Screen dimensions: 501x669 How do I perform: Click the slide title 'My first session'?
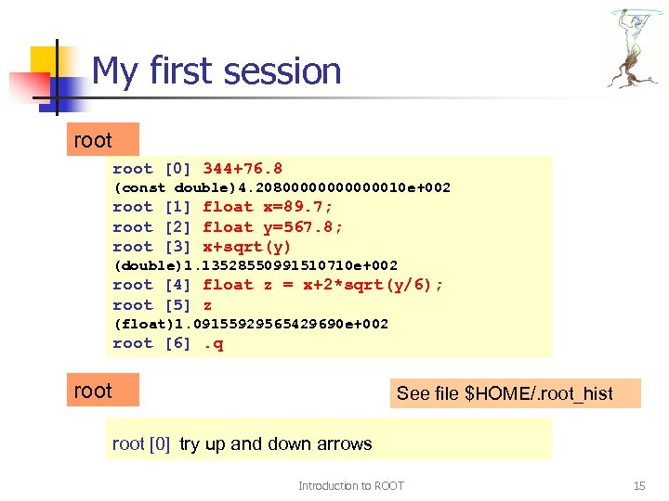[x=216, y=71]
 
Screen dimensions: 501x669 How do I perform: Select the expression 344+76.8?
[x=243, y=169]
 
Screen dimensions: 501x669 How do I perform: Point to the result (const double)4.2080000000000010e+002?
[x=282, y=188]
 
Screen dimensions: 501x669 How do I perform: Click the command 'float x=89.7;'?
[x=268, y=207]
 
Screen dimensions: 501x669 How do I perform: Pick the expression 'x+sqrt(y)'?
[x=247, y=247]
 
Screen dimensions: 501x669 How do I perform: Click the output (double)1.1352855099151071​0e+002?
[x=255, y=266]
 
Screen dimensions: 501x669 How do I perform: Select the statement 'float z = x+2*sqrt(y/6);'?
[x=322, y=286]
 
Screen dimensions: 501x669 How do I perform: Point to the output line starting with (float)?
[x=251, y=325]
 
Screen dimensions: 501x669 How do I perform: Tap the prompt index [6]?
[x=177, y=344]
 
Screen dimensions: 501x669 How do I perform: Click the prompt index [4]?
[x=177, y=286]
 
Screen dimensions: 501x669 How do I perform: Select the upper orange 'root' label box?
[x=103, y=140]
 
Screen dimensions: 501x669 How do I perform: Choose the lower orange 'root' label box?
[x=103, y=391]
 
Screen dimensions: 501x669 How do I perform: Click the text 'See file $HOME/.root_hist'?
[x=505, y=393]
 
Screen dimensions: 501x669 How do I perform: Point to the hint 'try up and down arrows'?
[x=276, y=444]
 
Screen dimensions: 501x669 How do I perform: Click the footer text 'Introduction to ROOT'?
[x=350, y=485]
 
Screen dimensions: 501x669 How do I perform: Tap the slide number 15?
[x=638, y=485]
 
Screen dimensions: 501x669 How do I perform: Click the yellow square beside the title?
[x=46, y=63]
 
